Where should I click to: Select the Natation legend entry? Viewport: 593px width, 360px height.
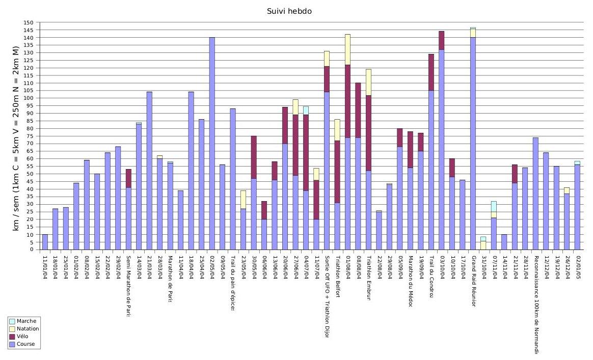28,329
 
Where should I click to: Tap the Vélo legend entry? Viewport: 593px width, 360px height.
23,337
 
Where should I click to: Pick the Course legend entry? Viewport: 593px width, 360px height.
26,344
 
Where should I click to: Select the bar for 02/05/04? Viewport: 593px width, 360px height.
212,144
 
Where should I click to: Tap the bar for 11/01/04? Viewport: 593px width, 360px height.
45,242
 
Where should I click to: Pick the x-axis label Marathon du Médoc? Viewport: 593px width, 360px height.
410,280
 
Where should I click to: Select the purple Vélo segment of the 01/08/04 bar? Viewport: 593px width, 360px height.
347,101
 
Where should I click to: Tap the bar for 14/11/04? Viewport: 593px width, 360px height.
504,242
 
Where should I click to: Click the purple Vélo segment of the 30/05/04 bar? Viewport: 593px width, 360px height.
254,157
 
